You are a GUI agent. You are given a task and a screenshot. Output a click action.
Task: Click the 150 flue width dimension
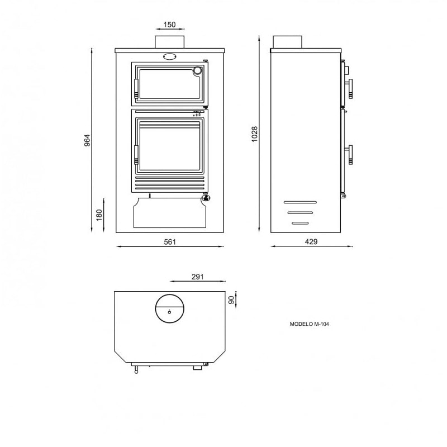(169, 25)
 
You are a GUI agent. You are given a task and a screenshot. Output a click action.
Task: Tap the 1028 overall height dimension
(254, 134)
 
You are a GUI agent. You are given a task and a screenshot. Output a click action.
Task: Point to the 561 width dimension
(170, 242)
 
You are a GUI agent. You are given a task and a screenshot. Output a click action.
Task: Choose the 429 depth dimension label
(311, 242)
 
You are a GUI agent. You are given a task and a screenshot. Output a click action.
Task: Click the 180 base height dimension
(99, 215)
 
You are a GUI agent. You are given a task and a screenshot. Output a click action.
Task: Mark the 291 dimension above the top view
(198, 277)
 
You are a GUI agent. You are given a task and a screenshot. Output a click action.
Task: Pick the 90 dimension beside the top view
(231, 299)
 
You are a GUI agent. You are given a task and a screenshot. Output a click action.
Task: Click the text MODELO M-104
(310, 324)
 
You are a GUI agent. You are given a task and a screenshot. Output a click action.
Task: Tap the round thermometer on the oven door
(198, 71)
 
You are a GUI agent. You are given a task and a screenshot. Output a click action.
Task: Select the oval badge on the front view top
(169, 55)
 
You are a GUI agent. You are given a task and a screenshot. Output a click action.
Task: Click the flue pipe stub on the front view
(169, 41)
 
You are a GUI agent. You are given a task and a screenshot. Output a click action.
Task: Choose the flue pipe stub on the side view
(287, 42)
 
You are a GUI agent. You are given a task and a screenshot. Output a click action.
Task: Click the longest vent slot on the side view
(300, 202)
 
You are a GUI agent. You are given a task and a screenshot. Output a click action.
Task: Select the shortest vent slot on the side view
(300, 223)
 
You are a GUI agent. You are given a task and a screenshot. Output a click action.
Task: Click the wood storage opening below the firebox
(169, 215)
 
